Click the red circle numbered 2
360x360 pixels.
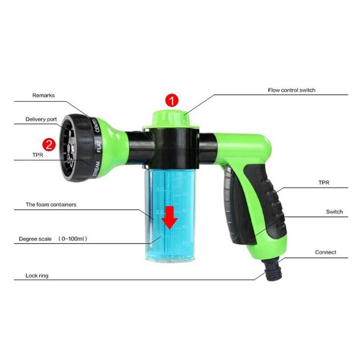49,144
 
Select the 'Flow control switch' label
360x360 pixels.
292,90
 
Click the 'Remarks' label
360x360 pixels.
43,95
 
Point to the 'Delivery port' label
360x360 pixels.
41,120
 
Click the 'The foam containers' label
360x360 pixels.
51,204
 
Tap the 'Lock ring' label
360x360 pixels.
37,275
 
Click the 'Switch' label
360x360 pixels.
334,211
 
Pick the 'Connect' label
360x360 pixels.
325,252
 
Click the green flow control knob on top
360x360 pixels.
171,118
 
